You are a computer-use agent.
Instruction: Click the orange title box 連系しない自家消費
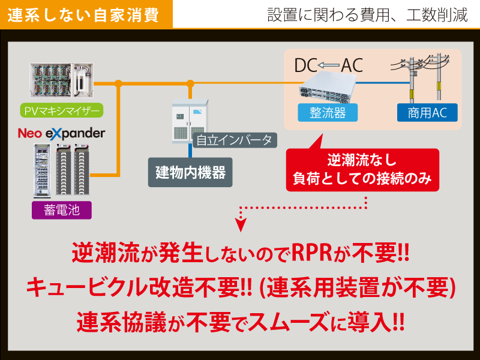pos(86,14)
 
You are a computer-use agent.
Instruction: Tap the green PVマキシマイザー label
pos(62,110)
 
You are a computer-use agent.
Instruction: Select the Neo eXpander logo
pos(62,133)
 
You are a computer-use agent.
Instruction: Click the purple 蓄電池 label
pos(62,210)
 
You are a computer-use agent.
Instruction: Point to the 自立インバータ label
pos(235,140)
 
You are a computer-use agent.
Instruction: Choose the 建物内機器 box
pos(190,172)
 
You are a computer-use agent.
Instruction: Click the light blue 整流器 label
pos(328,113)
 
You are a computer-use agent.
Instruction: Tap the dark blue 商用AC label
pos(427,113)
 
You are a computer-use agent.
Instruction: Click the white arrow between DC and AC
pos(328,65)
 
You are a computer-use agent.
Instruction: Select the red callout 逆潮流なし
pos(362,170)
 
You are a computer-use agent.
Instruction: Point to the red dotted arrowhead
pos(241,224)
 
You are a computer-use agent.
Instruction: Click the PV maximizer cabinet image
pos(62,80)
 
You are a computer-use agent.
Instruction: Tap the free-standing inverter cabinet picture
pos(190,121)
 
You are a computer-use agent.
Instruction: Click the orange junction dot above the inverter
pos(190,83)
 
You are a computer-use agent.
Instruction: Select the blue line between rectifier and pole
pos(383,83)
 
